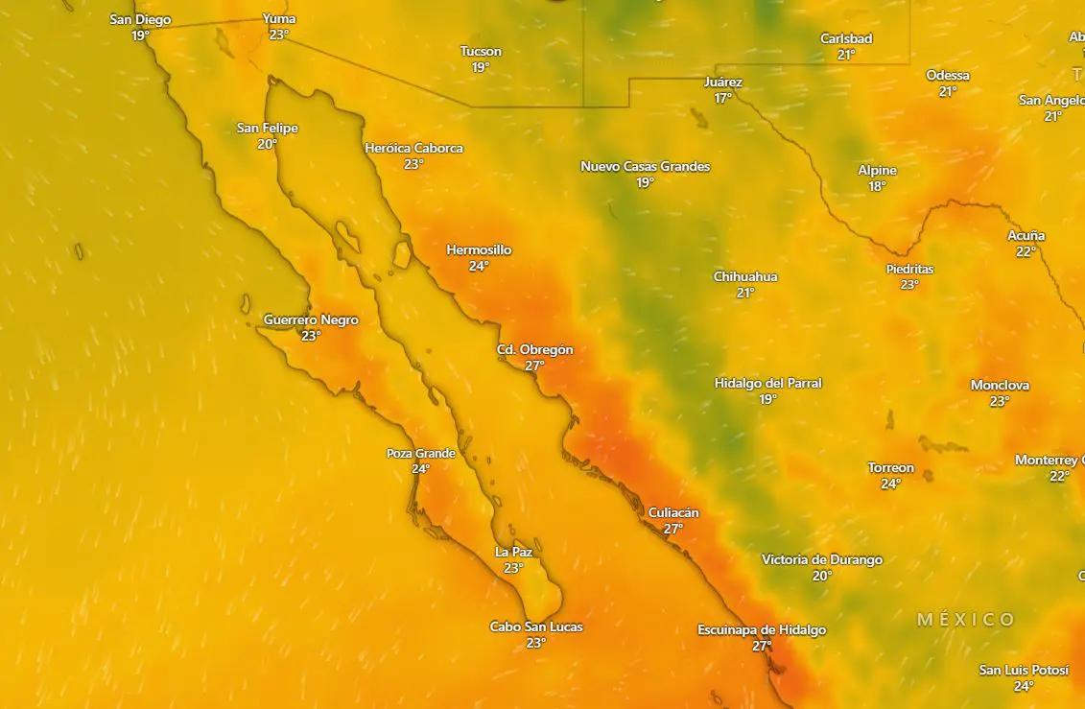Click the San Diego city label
[140, 19]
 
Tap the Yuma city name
[279, 19]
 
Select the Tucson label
[481, 52]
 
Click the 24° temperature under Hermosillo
[479, 267]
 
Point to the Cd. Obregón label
[534, 350]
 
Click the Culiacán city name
[673, 513]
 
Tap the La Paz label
[513, 553]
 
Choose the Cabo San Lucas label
[535, 627]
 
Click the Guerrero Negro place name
[311, 320]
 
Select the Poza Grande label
[420, 454]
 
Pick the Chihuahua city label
[745, 277]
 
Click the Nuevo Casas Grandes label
[645, 167]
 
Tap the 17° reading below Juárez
[722, 99]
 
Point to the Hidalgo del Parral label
[767, 384]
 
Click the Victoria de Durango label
[821, 560]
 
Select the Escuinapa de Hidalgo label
[761, 630]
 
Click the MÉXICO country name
[965, 620]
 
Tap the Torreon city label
[890, 468]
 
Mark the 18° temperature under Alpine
[877, 187]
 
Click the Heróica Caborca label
[413, 149]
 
